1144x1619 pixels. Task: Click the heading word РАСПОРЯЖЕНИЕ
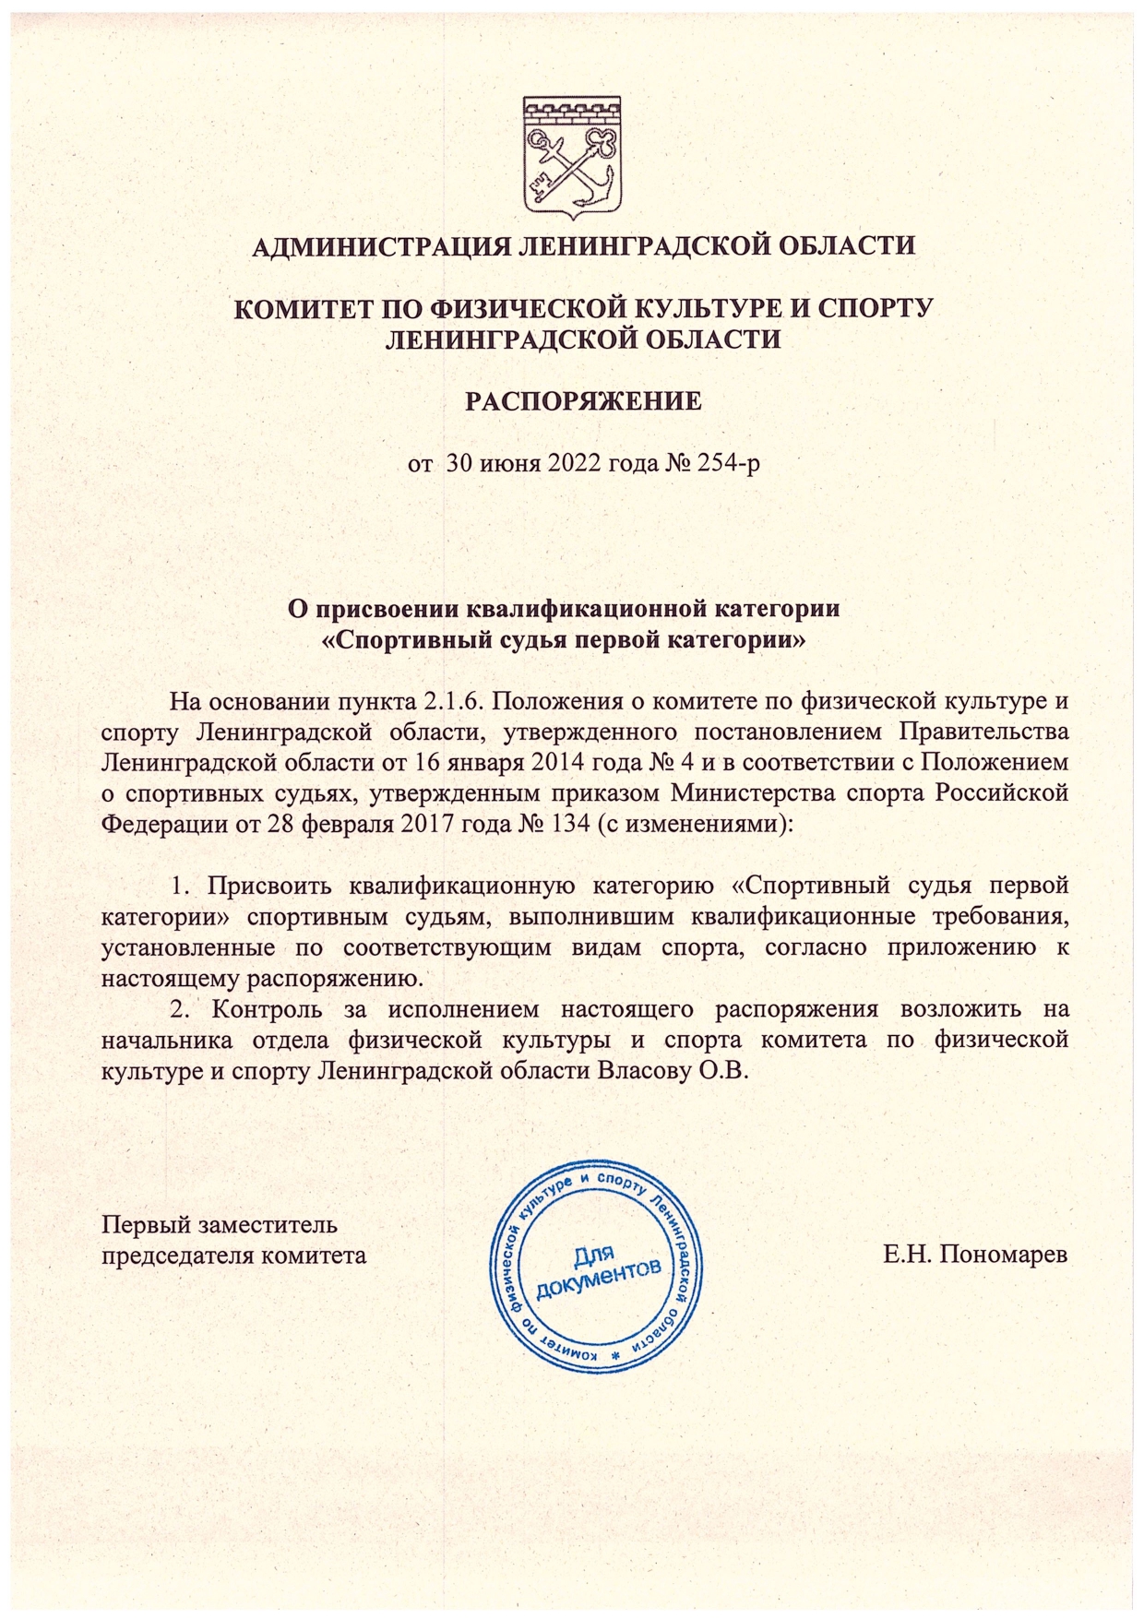582,401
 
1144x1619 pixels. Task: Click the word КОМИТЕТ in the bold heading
304,308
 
